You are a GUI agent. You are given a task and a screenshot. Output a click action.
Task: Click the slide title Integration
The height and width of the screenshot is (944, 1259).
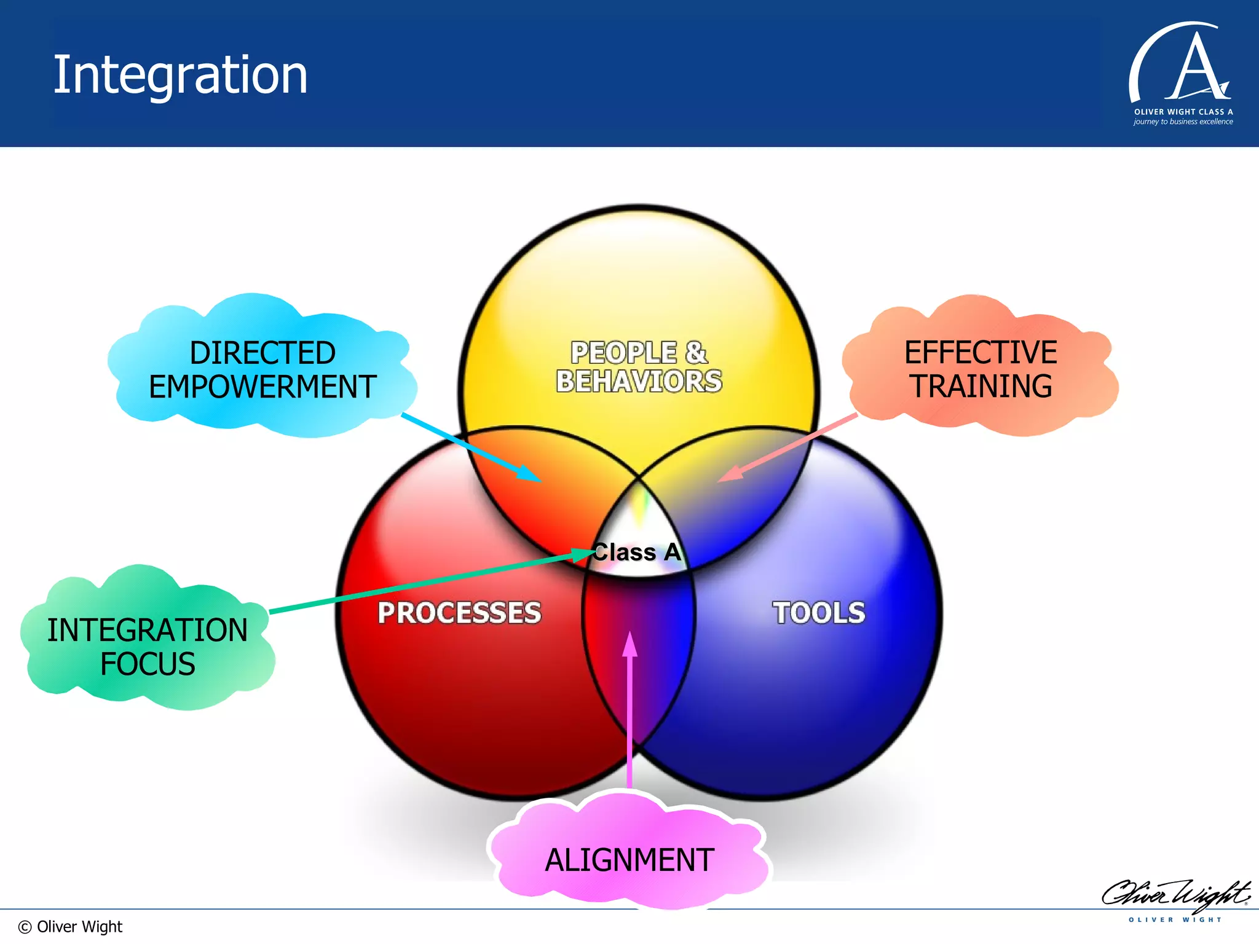[180, 75]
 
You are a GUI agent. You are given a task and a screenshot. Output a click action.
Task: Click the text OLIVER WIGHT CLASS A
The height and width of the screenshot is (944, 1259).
[1183, 112]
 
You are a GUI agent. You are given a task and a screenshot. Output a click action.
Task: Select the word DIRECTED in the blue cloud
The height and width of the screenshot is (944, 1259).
[262, 353]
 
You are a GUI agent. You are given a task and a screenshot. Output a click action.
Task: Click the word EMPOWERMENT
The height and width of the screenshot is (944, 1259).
[262, 387]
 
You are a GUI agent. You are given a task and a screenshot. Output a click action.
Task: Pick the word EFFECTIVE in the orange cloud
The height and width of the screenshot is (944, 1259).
[981, 353]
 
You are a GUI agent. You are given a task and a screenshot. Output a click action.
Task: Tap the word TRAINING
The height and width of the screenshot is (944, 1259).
[981, 387]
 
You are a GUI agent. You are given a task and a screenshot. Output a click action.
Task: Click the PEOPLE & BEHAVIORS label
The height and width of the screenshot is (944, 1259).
[639, 367]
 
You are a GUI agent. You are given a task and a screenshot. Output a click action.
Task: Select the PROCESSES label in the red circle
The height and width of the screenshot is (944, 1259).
[459, 613]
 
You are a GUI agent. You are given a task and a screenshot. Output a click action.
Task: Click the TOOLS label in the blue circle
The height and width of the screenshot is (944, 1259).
[819, 613]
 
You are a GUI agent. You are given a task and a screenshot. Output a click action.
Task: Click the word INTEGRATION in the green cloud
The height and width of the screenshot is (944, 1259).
[148, 630]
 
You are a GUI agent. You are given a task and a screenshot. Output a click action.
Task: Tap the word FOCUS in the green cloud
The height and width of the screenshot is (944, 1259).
[148, 664]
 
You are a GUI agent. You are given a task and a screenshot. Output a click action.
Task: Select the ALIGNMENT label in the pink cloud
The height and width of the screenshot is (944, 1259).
[629, 860]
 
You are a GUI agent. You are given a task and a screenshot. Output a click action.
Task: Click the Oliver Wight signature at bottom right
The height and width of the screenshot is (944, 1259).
[1175, 894]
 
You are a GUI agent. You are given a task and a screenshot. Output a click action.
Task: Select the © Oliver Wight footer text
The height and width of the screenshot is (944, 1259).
[70, 927]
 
